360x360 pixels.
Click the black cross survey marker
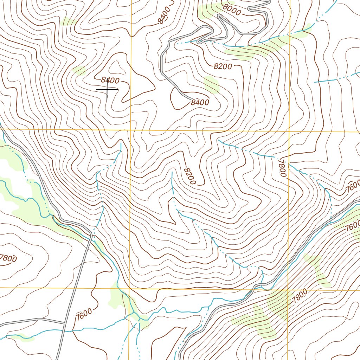[x=107, y=90]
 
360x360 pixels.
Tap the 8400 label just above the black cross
[x=110, y=80]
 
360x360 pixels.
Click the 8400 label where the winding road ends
[x=200, y=103]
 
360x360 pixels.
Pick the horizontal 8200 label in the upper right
[x=223, y=66]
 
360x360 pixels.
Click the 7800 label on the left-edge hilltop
[x=8, y=258]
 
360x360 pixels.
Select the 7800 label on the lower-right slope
[x=300, y=296]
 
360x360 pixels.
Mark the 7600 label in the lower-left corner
[x=84, y=313]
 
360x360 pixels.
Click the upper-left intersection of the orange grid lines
[x=130, y=130]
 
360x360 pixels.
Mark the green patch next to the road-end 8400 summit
[x=211, y=84]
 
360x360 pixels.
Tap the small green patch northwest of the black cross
[x=80, y=70]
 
